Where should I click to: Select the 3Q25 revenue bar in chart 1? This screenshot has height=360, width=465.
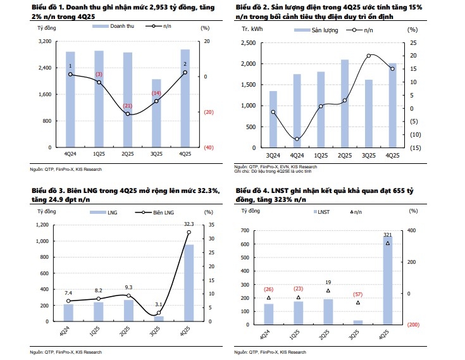[156, 113]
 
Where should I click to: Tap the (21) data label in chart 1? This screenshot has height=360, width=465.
[127, 106]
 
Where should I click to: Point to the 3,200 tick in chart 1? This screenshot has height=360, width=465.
[45, 41]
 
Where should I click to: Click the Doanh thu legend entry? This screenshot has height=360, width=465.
[115, 28]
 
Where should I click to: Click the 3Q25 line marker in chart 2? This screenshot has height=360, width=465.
[369, 56]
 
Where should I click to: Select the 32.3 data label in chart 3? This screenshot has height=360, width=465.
[189, 224]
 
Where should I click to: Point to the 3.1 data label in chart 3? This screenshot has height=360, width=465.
[158, 305]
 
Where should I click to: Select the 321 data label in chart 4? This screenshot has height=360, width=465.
[388, 235]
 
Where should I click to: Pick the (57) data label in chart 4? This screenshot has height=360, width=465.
[358, 294]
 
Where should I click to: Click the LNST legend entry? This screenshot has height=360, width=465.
[322, 212]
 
